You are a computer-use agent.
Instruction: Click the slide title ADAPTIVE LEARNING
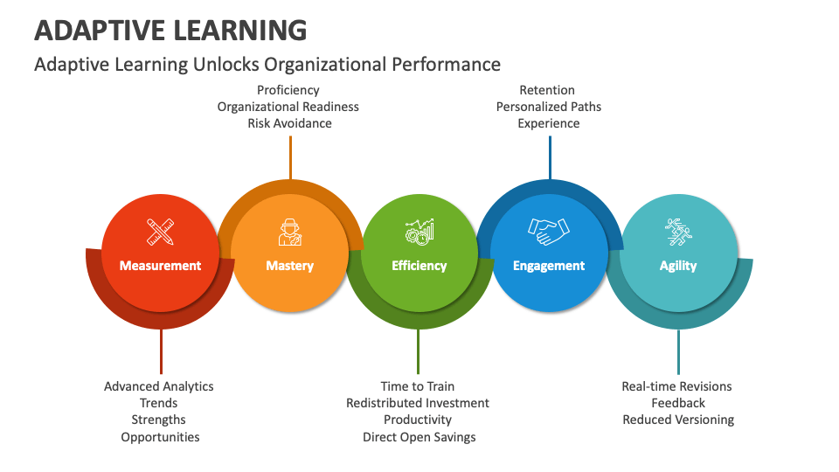click(x=170, y=30)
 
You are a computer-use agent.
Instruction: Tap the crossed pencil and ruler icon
click(x=160, y=232)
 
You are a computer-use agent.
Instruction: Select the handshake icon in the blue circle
click(x=549, y=231)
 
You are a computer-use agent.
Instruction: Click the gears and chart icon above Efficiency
click(x=419, y=232)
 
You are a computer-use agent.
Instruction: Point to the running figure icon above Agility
click(x=678, y=232)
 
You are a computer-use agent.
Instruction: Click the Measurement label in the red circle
click(x=160, y=266)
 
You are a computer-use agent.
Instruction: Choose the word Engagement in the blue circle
click(x=549, y=266)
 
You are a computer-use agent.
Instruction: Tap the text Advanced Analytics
click(x=158, y=386)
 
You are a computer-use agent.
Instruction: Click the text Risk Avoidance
click(x=289, y=123)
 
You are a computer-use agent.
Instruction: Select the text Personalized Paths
click(x=549, y=107)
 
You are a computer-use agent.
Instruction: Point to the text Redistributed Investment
click(x=418, y=403)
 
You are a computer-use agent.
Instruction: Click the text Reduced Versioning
click(x=678, y=420)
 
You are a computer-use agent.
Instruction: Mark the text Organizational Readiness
click(x=288, y=107)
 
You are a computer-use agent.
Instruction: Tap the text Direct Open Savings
click(x=419, y=437)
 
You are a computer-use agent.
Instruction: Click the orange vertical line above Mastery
click(x=290, y=157)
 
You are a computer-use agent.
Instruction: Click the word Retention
click(x=547, y=90)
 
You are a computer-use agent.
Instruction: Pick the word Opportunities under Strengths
click(x=160, y=437)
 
